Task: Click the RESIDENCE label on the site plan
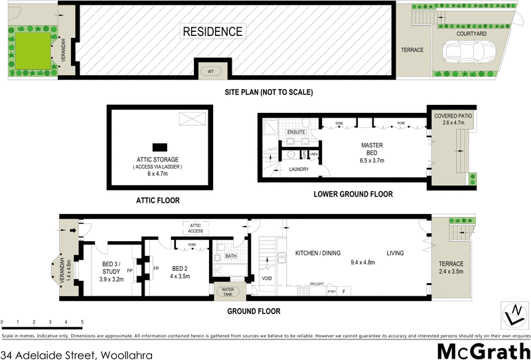[212, 31]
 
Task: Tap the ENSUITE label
[295, 132]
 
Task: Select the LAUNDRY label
[299, 170]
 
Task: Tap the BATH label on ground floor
[231, 256]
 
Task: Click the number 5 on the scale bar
[82, 322]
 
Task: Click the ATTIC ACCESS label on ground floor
[195, 228]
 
